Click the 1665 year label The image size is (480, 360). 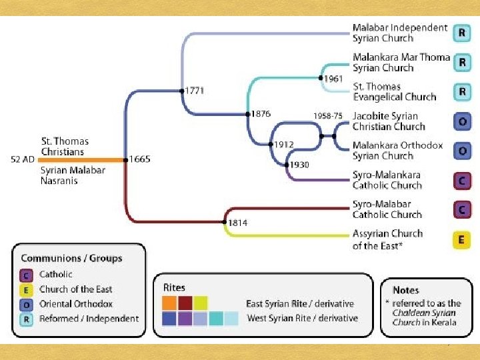(x=141, y=159)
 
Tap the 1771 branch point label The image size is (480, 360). (x=195, y=90)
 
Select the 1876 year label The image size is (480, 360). (x=261, y=114)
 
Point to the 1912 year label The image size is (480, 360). (x=283, y=144)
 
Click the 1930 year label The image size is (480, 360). (x=299, y=165)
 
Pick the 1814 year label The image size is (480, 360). (x=238, y=223)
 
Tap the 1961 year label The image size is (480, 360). (x=333, y=79)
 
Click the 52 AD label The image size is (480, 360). (x=23, y=159)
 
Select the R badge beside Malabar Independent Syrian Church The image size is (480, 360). (x=461, y=33)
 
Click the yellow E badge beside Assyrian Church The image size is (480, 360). (x=461, y=239)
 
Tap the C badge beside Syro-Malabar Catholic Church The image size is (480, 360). (x=461, y=209)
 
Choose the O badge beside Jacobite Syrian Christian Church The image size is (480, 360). (x=461, y=121)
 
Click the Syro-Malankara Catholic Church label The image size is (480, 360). (x=387, y=180)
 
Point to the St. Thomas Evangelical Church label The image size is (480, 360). (x=393, y=92)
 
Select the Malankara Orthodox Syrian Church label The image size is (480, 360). (x=397, y=151)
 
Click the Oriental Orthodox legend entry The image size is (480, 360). (x=76, y=304)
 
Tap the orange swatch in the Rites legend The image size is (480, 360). (x=170, y=303)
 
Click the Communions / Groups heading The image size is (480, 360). (x=71, y=258)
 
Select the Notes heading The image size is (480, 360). (x=406, y=290)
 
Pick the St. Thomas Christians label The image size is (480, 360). (x=64, y=147)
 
